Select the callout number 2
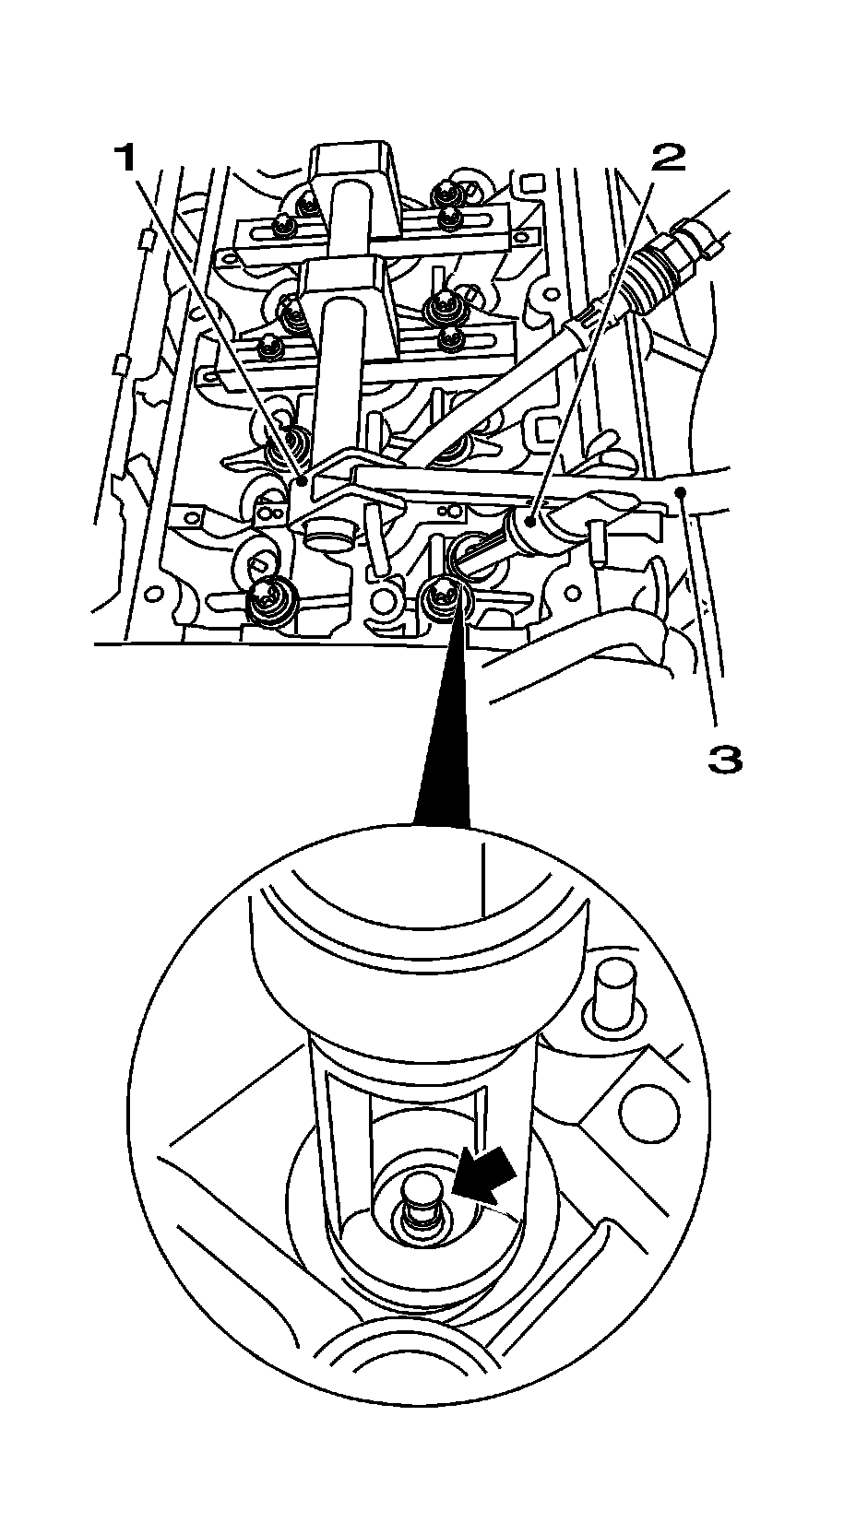click(x=668, y=159)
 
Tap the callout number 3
click(x=724, y=760)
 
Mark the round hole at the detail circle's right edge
click(x=650, y=1112)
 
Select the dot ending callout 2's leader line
click(x=532, y=522)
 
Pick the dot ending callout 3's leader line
click(x=681, y=490)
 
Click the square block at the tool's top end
click(x=354, y=185)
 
